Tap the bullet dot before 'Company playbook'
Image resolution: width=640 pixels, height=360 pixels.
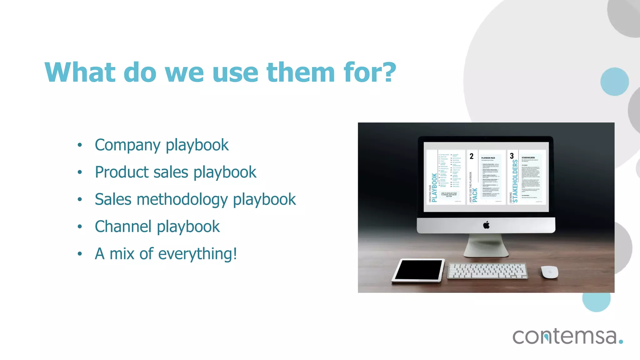80,145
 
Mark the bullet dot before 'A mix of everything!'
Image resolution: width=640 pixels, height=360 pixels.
80,254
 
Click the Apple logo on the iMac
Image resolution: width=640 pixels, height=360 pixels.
486,225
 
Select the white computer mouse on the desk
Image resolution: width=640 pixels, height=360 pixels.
550,272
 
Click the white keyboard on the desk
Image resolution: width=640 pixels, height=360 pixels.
487,271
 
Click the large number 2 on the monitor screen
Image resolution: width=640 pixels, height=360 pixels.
472,156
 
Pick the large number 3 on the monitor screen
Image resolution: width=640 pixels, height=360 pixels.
512,156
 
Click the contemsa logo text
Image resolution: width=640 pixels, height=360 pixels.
564,336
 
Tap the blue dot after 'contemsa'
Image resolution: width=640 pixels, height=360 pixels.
621,342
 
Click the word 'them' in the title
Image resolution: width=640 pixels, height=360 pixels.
301,72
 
